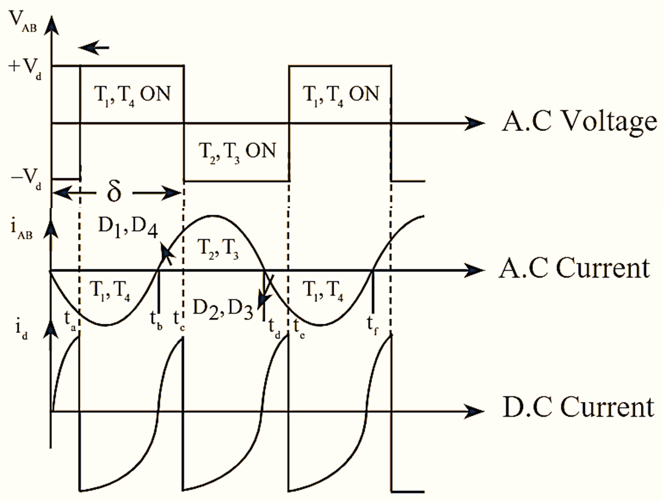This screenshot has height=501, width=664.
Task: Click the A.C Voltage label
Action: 579,122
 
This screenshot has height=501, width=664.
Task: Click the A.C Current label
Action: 574,269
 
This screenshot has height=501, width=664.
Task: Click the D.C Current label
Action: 578,409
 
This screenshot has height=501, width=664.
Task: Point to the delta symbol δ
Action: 113,193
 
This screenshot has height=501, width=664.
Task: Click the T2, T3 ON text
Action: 236,150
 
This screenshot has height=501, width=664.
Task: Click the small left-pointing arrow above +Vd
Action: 94,48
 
